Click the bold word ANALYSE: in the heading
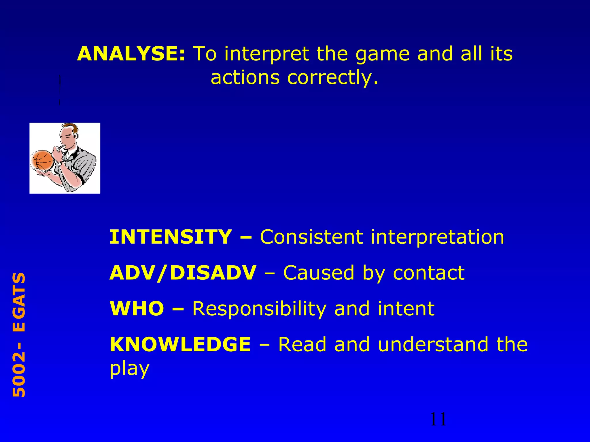coord(131,54)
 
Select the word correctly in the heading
coord(332,78)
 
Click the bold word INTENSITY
coord(171,237)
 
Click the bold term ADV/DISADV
coord(183,273)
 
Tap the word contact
coord(429,273)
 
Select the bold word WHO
coord(137,308)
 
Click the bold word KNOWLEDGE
coord(180,344)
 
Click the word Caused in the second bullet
coord(319,273)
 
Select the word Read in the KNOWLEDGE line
coord(302,344)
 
